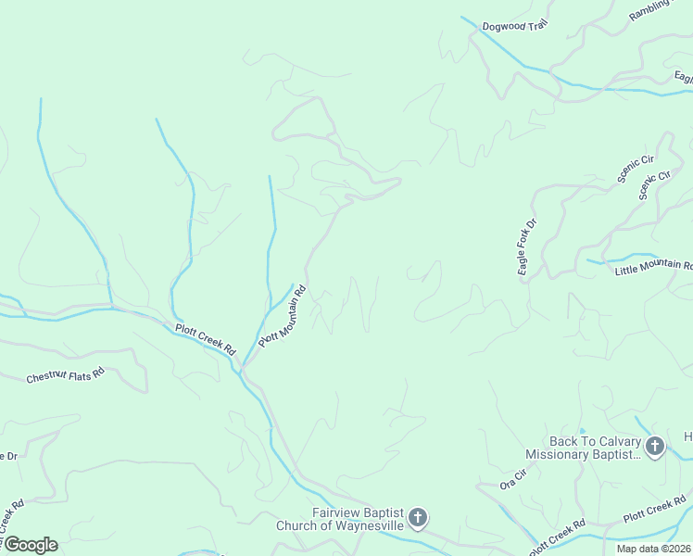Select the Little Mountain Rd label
653,270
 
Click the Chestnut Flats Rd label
65,377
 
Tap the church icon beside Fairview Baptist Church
418,517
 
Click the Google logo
31,544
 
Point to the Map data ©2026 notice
654,549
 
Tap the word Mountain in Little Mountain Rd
659,269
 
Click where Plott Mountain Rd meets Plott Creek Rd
243,367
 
